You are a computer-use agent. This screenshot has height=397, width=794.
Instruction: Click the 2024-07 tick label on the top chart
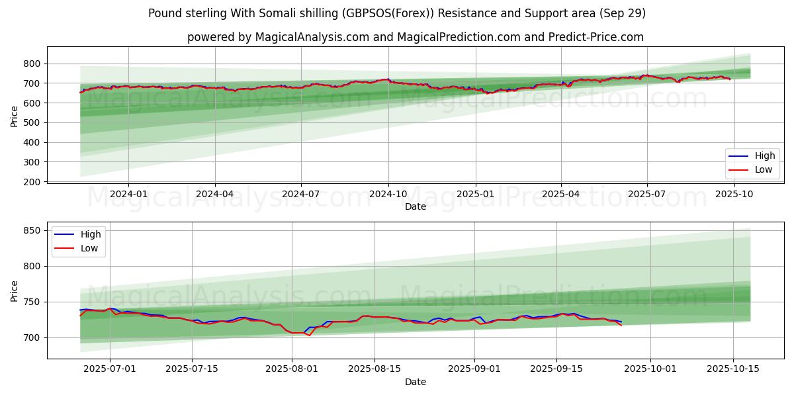(301, 194)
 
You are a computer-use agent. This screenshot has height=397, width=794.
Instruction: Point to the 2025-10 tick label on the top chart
(734, 194)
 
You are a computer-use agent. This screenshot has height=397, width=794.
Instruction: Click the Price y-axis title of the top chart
(15, 116)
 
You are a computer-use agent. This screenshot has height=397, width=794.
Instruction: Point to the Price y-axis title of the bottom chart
(15, 290)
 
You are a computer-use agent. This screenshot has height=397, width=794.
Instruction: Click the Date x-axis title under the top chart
(416, 206)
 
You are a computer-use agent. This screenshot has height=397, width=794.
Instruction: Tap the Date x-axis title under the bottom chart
(416, 382)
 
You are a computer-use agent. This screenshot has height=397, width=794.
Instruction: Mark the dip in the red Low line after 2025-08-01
(309, 335)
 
